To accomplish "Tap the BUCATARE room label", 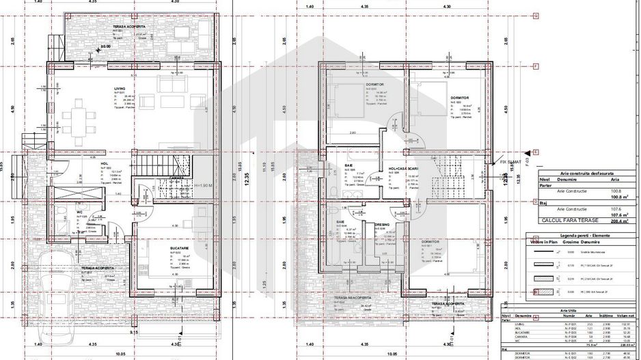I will (161, 249).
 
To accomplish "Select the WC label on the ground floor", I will (81, 213).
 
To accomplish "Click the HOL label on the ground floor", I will (105, 164).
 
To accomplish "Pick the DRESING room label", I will (381, 224).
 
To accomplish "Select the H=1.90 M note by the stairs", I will (204, 185).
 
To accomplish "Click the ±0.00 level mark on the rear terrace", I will (105, 47).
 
